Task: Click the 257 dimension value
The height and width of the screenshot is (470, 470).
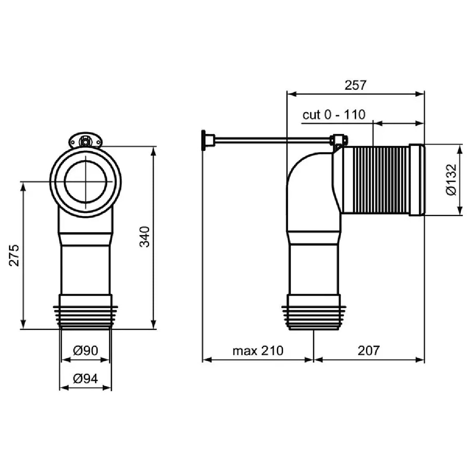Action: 355,85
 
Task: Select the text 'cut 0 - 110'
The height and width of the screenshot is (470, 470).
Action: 334,114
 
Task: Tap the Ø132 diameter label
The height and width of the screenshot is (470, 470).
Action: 451,179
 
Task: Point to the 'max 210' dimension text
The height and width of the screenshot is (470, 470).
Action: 258,351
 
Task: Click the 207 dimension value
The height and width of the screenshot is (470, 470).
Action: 369,351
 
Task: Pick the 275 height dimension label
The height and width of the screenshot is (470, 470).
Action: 14,255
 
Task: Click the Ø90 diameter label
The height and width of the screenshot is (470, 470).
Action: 86,351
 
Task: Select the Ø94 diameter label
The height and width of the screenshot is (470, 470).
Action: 86,379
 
